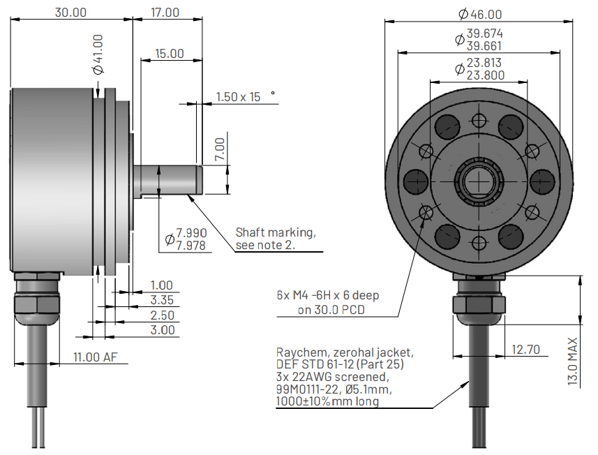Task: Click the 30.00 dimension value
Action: click(70, 12)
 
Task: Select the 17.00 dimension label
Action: click(165, 12)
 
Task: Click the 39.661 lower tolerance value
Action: click(485, 46)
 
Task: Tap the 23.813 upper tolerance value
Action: click(485, 63)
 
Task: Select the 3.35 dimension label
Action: click(162, 301)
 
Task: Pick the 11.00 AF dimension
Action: click(96, 357)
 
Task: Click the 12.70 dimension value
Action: click(525, 349)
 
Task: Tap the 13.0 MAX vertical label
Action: click(573, 362)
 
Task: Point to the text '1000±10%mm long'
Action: click(327, 401)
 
